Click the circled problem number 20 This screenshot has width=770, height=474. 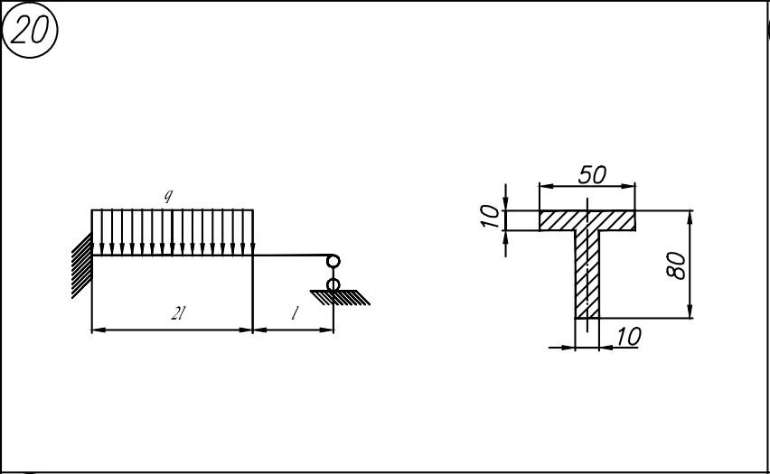30,30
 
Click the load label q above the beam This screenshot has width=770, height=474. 168,196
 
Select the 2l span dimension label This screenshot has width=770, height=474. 178,312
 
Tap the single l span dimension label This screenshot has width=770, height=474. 294,312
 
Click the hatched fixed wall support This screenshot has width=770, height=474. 82,265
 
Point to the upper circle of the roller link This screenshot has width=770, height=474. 333,261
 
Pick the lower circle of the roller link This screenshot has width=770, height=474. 333,284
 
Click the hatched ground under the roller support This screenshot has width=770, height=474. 340,297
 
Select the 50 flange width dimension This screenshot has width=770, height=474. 592,174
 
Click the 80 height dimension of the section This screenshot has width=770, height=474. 677,265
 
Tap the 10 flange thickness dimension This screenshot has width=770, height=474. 490,217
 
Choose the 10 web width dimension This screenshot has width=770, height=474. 628,337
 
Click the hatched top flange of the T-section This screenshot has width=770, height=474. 587,220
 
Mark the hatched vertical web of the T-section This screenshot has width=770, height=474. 587,274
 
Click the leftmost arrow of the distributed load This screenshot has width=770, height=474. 101,233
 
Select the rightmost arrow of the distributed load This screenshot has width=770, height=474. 243,233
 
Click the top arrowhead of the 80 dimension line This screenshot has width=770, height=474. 690,217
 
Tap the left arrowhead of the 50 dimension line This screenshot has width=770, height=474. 546,186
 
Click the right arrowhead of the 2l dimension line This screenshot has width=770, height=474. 246,330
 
